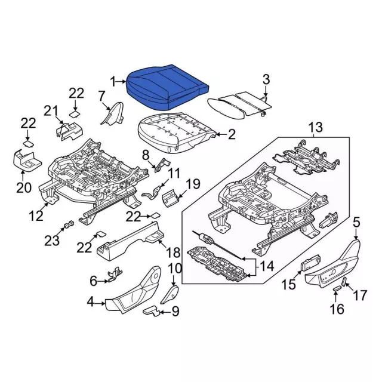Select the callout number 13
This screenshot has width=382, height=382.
pyautogui.click(x=315, y=127)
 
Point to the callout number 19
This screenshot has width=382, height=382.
pyautogui.click(x=191, y=183)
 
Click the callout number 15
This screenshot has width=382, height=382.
pyautogui.click(x=288, y=285)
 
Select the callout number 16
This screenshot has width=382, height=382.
pyautogui.click(x=337, y=309)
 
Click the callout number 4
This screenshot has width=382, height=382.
pyautogui.click(x=91, y=303)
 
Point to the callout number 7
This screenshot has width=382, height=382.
pyautogui.click(x=101, y=95)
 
